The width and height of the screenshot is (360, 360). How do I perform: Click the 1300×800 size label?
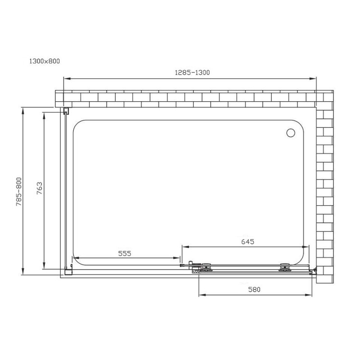(x=45, y=61)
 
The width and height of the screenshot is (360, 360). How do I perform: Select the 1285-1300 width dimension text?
(x=193, y=72)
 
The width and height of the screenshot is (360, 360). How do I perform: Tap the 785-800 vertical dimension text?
(x=19, y=192)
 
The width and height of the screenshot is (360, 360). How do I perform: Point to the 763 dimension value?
(x=40, y=188)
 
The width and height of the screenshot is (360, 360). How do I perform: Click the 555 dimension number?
(x=125, y=253)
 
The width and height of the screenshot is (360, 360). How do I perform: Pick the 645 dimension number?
(x=248, y=242)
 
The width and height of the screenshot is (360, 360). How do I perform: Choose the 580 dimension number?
(x=254, y=289)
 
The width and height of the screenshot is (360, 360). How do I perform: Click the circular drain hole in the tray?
(x=291, y=133)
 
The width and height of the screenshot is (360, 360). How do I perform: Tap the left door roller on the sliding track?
(x=206, y=268)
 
